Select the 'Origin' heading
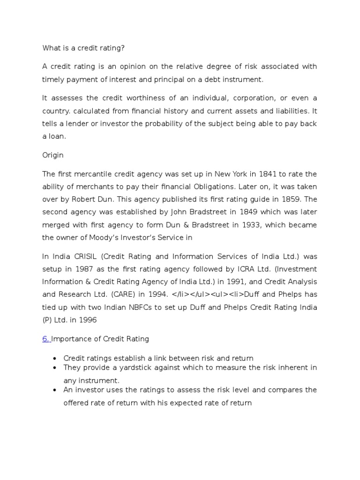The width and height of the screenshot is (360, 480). pos(53,155)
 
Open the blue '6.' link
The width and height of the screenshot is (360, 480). pos(46,339)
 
